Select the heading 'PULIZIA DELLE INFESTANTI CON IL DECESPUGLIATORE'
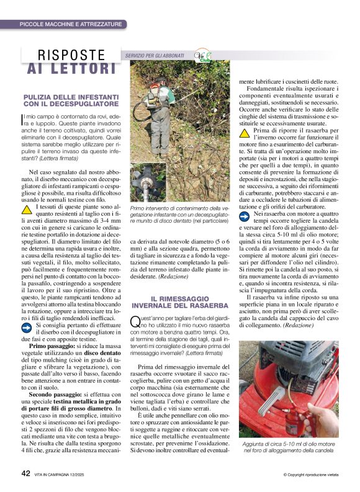tap(71, 101)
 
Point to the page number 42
tap(26, 473)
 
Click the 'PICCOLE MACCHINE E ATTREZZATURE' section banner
tap(71, 24)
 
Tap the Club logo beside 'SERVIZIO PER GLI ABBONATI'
tap(202, 55)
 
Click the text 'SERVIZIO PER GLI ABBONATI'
tap(157, 56)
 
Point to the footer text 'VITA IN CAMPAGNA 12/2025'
tap(68, 475)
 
